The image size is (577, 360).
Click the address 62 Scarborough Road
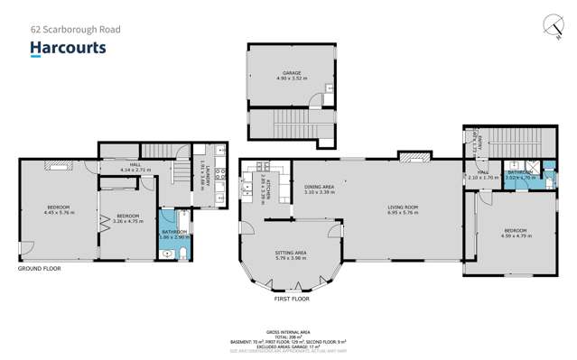click(75, 29)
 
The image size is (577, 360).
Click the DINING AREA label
click(320, 188)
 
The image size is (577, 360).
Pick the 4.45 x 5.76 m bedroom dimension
click(57, 213)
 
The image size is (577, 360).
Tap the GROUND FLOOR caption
click(40, 268)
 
